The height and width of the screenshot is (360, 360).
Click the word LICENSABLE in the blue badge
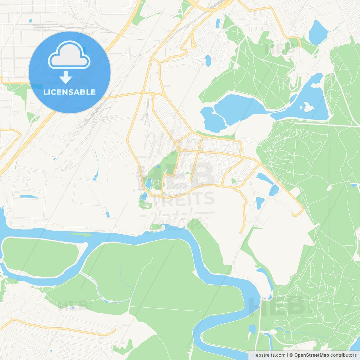click(x=69, y=92)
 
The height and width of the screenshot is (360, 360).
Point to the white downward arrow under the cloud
click(x=66, y=77)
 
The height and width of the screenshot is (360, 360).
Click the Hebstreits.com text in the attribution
click(x=269, y=355)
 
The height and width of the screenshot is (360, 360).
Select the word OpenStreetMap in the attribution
click(x=311, y=355)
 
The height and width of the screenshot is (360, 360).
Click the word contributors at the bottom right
click(x=343, y=355)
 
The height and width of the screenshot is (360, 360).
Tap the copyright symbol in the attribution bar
click(x=291, y=355)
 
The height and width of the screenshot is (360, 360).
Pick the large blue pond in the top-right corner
click(x=318, y=32)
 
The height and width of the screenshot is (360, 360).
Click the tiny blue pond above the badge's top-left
click(x=30, y=21)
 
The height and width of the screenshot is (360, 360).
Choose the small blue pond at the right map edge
click(x=354, y=185)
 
